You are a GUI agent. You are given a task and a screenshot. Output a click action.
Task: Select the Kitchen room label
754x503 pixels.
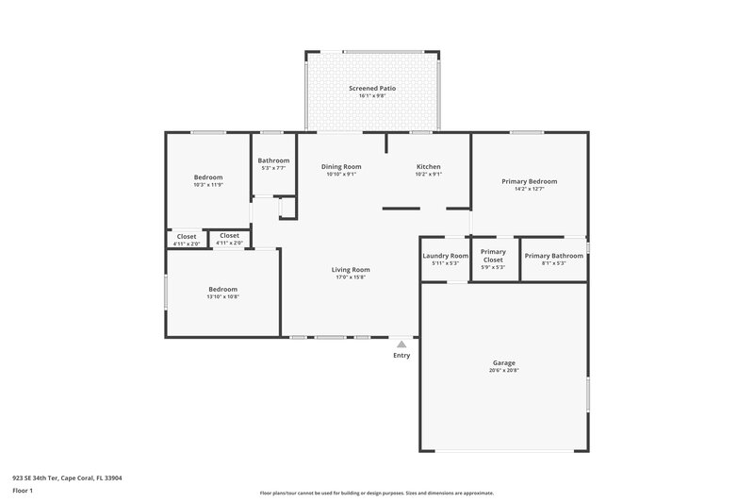(x=429, y=166)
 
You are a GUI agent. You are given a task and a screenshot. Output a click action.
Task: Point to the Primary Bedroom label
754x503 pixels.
(x=529, y=181)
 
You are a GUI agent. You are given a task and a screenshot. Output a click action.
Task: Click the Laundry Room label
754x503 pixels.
(x=445, y=256)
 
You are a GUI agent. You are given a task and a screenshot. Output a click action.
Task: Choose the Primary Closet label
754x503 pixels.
(x=493, y=256)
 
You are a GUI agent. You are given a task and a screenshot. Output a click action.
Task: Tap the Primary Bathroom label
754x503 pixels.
(x=554, y=256)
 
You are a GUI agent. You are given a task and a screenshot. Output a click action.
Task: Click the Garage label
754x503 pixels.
(x=503, y=362)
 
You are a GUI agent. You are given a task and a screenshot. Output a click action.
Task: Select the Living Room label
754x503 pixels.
(x=350, y=270)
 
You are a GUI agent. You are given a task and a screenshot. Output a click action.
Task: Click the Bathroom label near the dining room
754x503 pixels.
(x=273, y=160)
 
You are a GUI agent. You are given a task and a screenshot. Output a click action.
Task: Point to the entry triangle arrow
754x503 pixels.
(x=402, y=344)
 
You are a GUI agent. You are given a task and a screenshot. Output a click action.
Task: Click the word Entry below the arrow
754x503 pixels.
(x=402, y=356)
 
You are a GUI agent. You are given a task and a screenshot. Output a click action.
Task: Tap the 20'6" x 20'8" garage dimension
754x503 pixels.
(x=503, y=370)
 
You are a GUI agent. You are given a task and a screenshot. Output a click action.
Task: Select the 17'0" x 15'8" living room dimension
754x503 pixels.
(x=350, y=277)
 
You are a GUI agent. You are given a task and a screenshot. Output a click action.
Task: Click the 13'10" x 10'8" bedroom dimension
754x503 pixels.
(x=222, y=296)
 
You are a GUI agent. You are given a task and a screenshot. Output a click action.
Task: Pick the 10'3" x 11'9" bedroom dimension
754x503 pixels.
(x=208, y=185)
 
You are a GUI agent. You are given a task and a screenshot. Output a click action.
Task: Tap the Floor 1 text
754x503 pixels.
(x=23, y=491)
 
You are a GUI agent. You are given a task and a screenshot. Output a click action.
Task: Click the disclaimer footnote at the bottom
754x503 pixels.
(x=376, y=493)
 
